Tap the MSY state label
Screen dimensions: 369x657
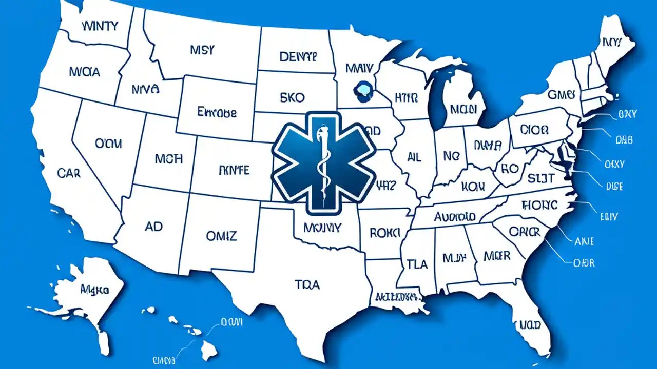pyautogui.click(x=202, y=50)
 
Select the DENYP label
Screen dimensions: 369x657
pyautogui.click(x=298, y=56)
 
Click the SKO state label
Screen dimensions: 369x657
pyautogui.click(x=293, y=97)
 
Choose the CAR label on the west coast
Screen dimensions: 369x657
pyautogui.click(x=69, y=173)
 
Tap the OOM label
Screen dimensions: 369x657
pyautogui.click(x=108, y=144)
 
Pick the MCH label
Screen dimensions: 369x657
pyautogui.click(x=168, y=158)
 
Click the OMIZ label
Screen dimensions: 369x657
pyautogui.click(x=221, y=236)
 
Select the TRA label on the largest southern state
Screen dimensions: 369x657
pyautogui.click(x=307, y=284)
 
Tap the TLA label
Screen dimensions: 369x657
pyautogui.click(x=417, y=264)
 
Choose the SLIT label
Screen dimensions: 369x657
pyautogui.click(x=540, y=178)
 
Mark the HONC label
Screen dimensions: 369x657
pyautogui.click(x=539, y=205)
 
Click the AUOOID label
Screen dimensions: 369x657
pyautogui.click(x=454, y=217)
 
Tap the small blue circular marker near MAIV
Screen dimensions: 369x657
pyautogui.click(x=361, y=90)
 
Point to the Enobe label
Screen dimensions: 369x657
pyautogui.click(x=217, y=112)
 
